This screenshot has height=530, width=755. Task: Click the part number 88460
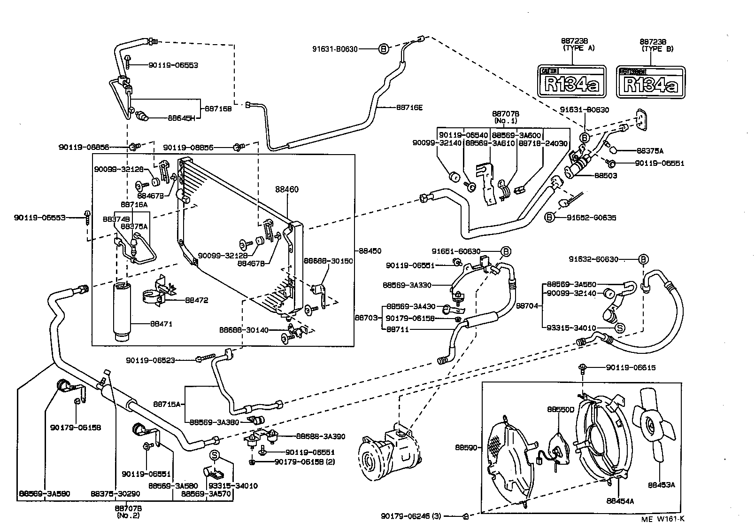[x=286, y=189]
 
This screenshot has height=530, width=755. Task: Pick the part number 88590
[x=466, y=447]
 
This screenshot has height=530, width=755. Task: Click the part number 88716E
[x=409, y=108]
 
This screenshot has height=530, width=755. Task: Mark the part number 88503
[x=606, y=176]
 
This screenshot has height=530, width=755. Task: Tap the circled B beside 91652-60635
[x=549, y=217]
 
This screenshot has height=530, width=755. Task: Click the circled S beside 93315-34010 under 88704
[x=619, y=328]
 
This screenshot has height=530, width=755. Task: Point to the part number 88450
[x=370, y=251]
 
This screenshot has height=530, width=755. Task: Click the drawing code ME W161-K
[x=663, y=519]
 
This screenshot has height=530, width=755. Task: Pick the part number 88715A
[x=167, y=404]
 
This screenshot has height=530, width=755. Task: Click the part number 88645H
[x=181, y=118]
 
